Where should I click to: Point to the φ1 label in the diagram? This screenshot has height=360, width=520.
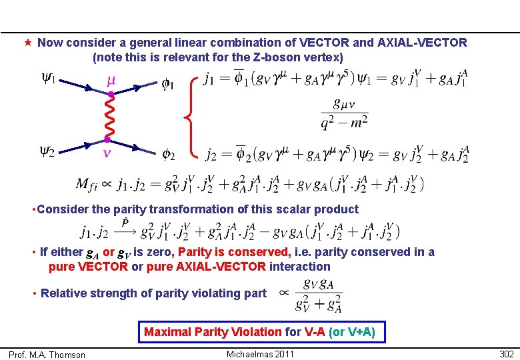point(167,85)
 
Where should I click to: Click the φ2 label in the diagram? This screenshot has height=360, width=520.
point(167,156)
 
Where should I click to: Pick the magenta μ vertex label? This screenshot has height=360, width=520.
point(111,81)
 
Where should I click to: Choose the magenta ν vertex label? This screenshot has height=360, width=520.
point(106,154)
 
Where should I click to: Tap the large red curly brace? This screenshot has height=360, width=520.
point(193,117)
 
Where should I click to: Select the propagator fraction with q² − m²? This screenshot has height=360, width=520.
point(344,113)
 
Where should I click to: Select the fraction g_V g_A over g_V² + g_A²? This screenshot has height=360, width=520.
point(319,293)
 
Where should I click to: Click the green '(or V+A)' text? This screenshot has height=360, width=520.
point(353,331)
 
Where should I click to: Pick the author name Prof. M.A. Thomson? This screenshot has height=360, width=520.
point(47,355)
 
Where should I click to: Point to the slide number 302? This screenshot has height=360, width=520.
point(507,353)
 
